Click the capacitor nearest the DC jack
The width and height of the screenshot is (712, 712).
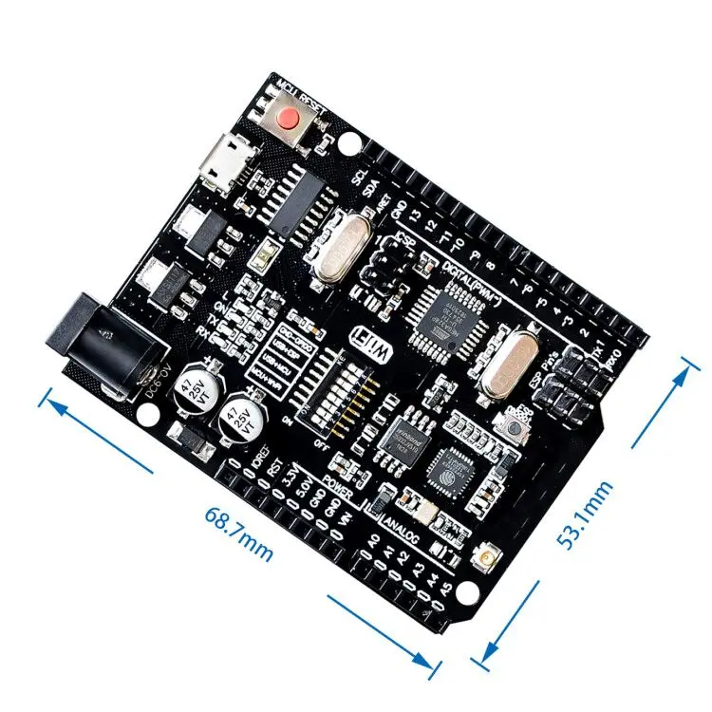coord(190,387)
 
